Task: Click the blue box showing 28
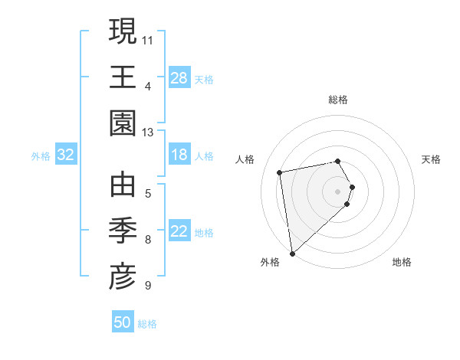(179, 77)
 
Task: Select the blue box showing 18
(179, 155)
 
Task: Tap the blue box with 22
(179, 231)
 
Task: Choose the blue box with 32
(66, 155)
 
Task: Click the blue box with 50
(123, 322)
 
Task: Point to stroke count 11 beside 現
(149, 39)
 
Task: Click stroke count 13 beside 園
(149, 133)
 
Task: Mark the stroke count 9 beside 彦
(148, 286)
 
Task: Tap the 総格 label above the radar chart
(338, 100)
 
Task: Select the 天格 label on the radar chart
(431, 159)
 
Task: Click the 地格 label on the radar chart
(402, 263)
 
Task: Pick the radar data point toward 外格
(292, 254)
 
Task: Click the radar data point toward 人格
(280, 172)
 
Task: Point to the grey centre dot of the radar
(338, 191)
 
